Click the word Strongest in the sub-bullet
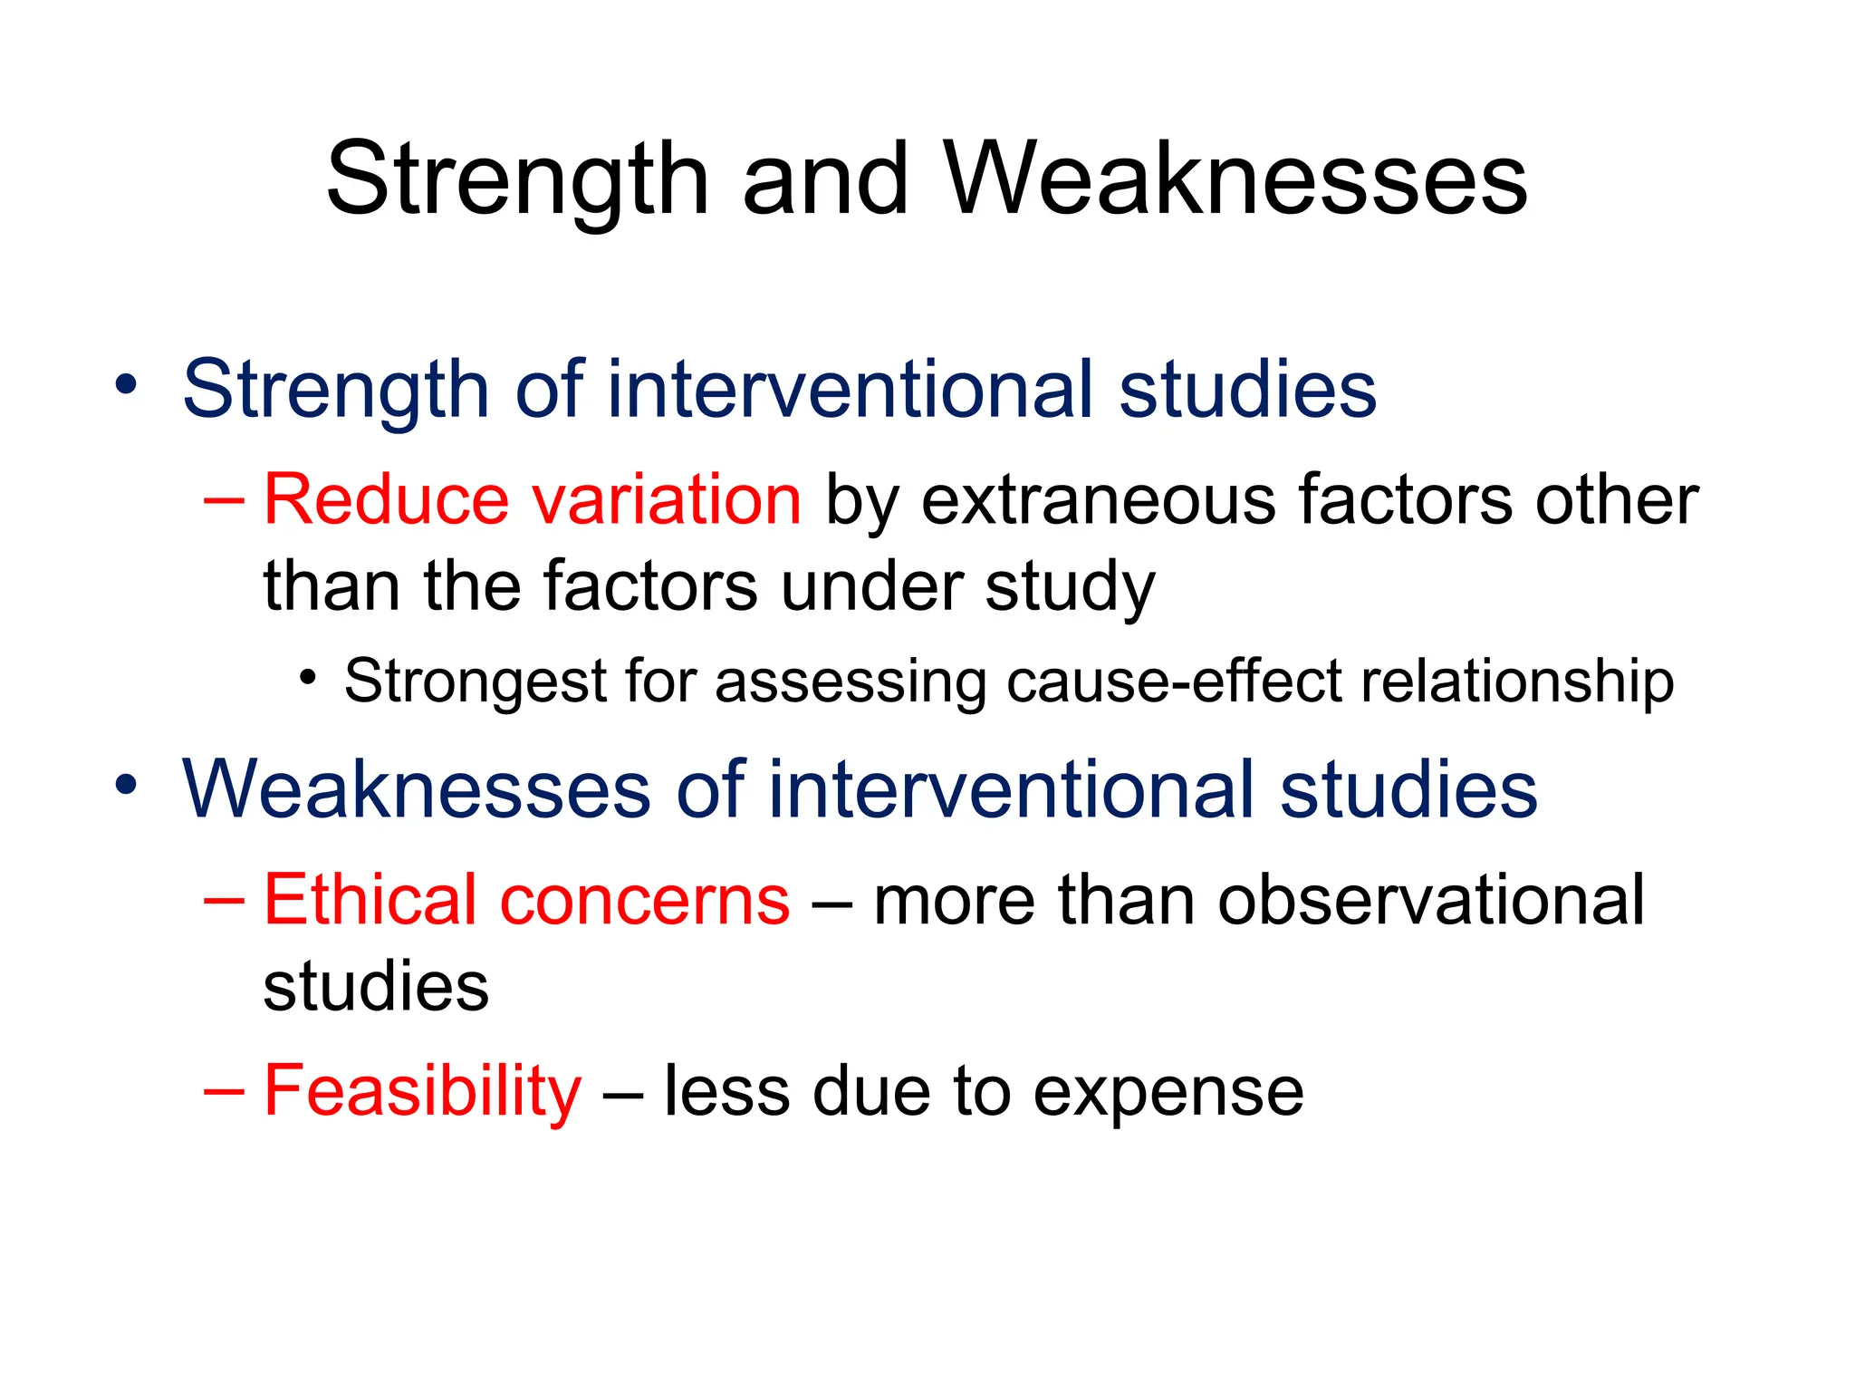pyautogui.click(x=475, y=681)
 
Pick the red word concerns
pyautogui.click(x=645, y=902)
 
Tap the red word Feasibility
pyautogui.click(x=422, y=1091)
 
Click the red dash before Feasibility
pyautogui.click(x=225, y=1092)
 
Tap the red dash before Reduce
pyautogui.click(x=225, y=500)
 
